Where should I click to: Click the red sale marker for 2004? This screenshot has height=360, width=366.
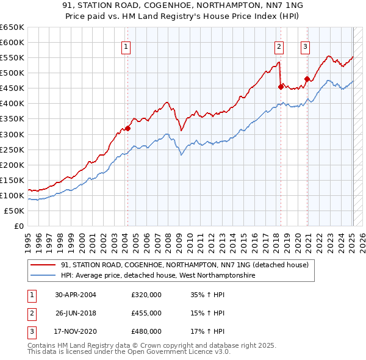(x=127, y=128)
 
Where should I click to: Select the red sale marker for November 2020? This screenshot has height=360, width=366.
(x=307, y=79)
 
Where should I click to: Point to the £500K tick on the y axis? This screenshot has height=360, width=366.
(x=12, y=73)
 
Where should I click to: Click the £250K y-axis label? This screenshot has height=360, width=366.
(x=12, y=149)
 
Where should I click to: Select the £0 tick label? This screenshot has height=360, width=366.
(x=18, y=226)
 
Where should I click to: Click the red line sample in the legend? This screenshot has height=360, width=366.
(x=44, y=265)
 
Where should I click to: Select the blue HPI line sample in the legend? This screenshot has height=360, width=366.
(x=44, y=275)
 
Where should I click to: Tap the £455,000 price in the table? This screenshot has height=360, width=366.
(x=146, y=313)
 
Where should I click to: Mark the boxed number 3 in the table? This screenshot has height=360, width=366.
(x=30, y=331)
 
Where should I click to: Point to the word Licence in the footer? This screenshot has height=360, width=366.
(x=199, y=353)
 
